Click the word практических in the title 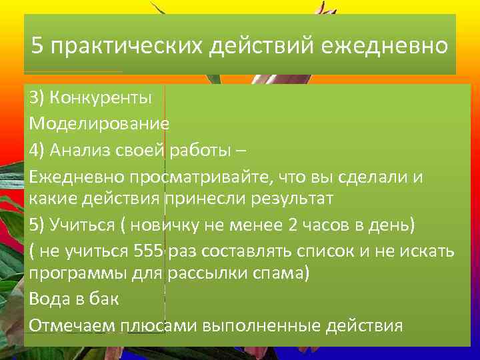[127, 47]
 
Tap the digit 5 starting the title [38, 47]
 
